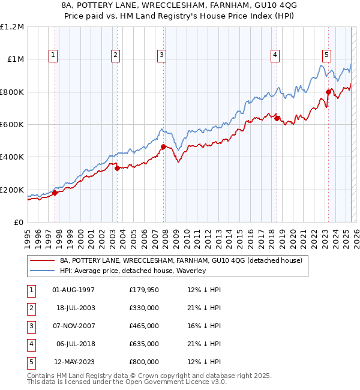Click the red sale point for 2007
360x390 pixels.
pos(163,146)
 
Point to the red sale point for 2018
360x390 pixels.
pos(277,118)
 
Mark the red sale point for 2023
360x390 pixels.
pos(329,92)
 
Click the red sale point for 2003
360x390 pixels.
pos(117,168)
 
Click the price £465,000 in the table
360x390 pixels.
pos(144,326)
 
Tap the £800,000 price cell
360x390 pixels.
pos(144,362)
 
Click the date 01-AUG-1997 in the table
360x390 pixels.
pos(74,290)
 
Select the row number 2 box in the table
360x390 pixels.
pos(31,308)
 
